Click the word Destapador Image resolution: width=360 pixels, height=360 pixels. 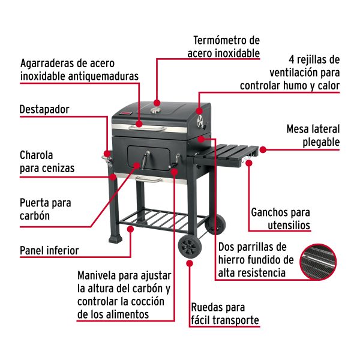click(x=44, y=110)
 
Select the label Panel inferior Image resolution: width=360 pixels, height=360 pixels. click(x=49, y=250)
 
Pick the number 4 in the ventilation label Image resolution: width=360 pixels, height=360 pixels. click(x=292, y=60)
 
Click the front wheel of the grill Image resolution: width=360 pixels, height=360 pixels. click(x=190, y=247)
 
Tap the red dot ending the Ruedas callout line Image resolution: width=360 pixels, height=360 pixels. click(x=190, y=263)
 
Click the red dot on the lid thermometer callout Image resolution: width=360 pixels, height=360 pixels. click(x=157, y=102)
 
